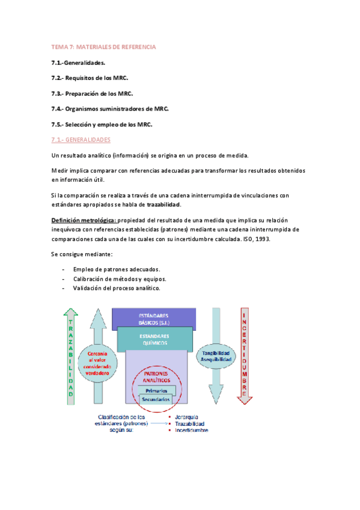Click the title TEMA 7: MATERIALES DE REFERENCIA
coord(103,46)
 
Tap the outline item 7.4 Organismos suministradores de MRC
coord(110,108)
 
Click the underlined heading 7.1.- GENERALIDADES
coord(81,140)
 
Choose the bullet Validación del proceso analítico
coord(117,288)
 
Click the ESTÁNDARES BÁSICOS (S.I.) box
coord(153,319)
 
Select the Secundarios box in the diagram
coord(156,399)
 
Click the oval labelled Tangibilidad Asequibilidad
coord(216,356)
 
